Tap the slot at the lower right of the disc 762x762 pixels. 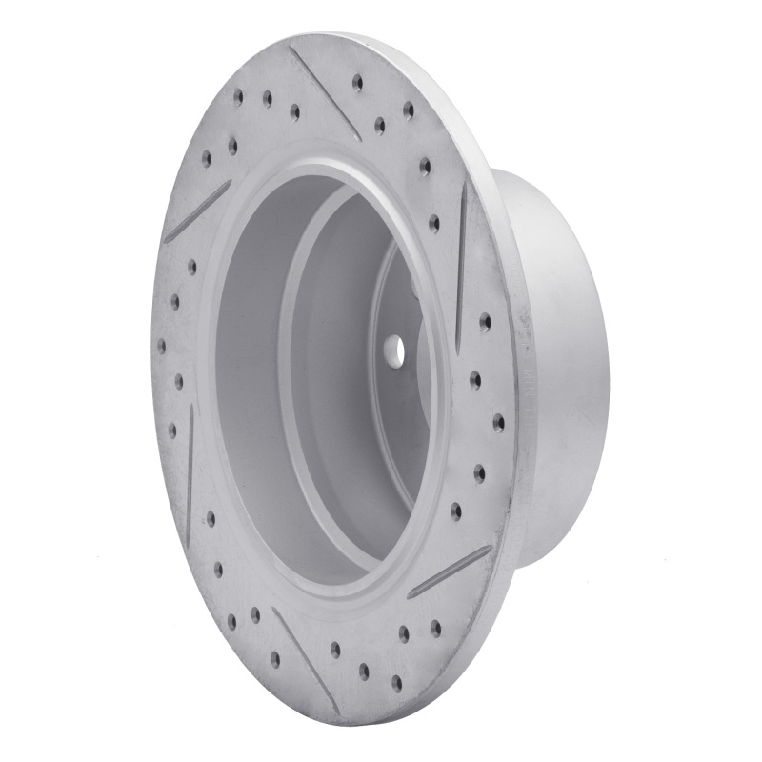coord(450,571)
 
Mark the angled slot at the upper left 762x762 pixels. coord(197,211)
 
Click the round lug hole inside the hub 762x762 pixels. coord(395,351)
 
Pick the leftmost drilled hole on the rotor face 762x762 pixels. coord(161,344)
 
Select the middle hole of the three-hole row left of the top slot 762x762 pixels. coord(267,97)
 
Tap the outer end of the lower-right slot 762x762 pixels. coord(491,549)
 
